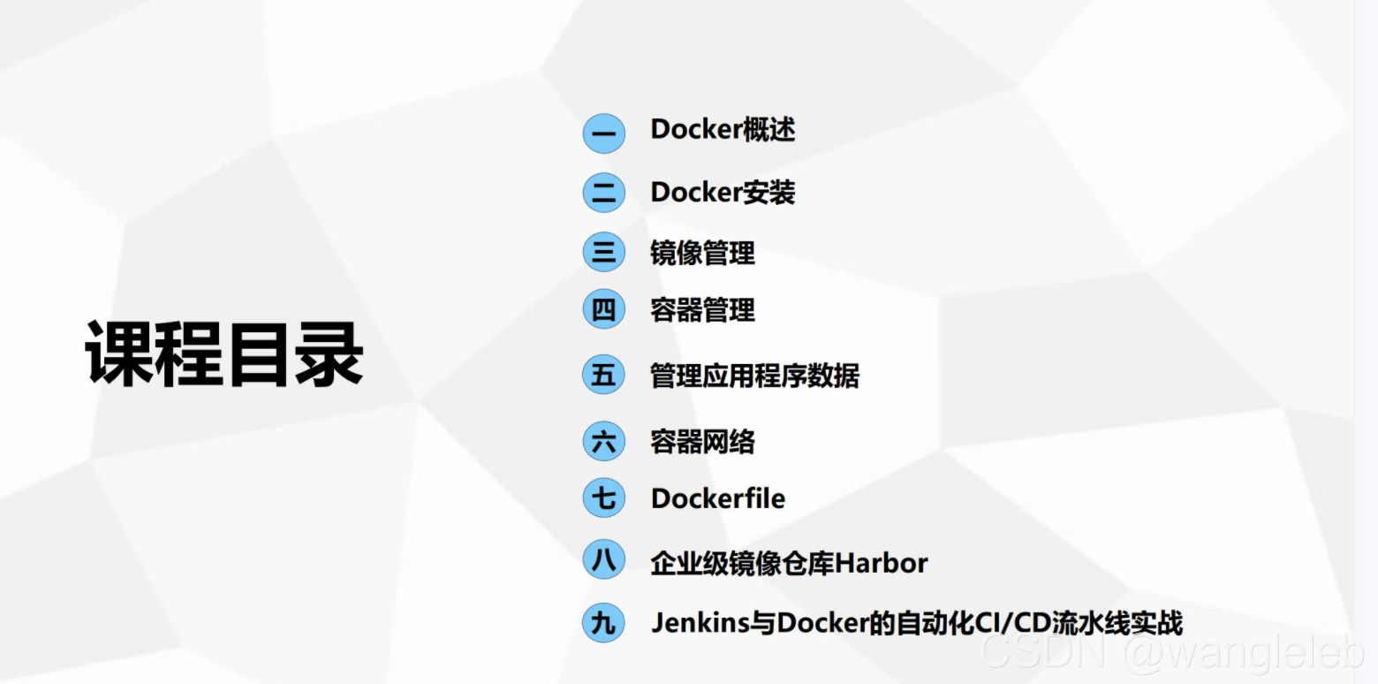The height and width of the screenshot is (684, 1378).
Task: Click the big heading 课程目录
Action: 224,353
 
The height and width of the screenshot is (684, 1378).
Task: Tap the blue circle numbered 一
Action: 603,133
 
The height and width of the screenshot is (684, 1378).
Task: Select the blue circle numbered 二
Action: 603,193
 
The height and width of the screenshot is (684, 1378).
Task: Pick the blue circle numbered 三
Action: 603,253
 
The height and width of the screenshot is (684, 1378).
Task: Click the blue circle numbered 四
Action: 603,310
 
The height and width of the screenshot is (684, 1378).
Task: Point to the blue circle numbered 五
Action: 603,375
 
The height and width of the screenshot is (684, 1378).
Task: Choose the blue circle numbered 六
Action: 603,441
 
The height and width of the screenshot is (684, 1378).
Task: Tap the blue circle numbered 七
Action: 603,498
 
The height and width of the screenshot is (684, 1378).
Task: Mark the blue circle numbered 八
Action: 603,561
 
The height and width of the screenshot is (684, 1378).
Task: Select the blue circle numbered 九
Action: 603,622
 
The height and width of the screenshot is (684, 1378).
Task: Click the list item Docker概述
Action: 723,130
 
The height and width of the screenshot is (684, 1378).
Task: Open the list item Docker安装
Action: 723,192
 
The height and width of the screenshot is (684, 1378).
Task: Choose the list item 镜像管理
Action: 702,253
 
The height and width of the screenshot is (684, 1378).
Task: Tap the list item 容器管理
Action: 702,310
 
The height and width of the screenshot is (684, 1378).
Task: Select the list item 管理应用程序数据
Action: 754,375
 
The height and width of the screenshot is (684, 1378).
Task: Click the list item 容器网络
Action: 702,441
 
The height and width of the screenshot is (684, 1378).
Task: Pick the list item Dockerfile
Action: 717,498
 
